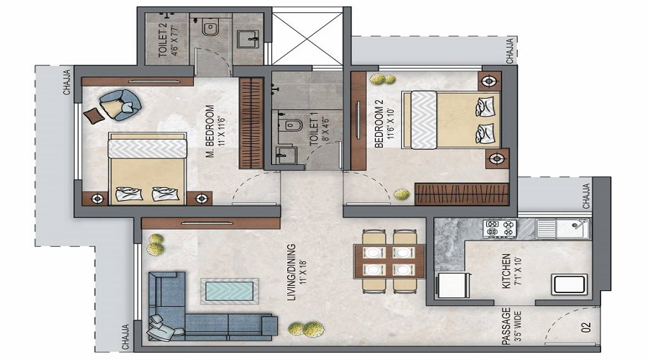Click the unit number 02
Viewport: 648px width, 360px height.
[x=585, y=328]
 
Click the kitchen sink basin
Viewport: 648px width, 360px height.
[x=562, y=228]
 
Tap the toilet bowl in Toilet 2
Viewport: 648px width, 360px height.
[x=210, y=28]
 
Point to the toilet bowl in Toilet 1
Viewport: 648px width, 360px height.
[x=292, y=125]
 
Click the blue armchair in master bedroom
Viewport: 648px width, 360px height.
[x=121, y=105]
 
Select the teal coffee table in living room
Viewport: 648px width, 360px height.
[x=230, y=291]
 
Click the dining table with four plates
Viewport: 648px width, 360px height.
[x=390, y=261]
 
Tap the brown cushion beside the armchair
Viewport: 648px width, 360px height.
[x=94, y=115]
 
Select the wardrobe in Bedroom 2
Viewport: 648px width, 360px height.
[x=462, y=194]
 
